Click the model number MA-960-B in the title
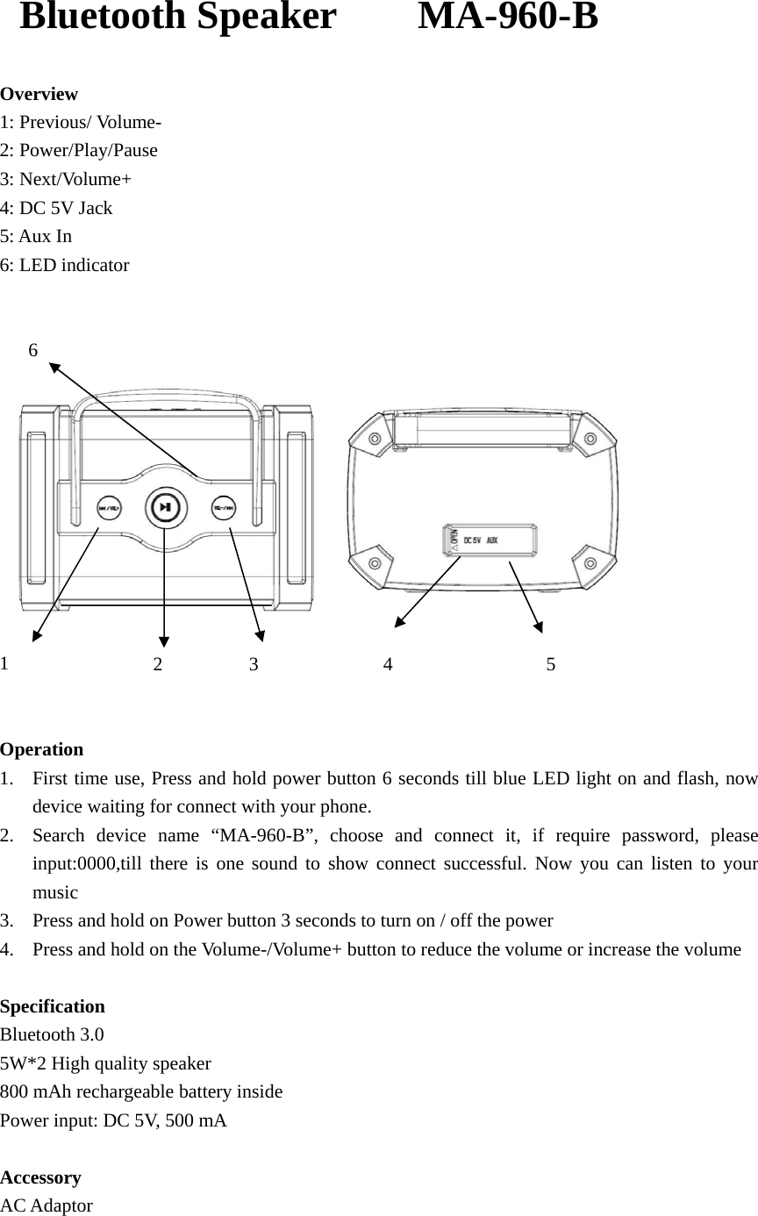click(x=508, y=17)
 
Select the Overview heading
click(x=39, y=94)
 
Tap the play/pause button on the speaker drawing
click(x=165, y=507)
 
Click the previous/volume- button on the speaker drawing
click(x=109, y=507)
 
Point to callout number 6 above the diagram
click(x=33, y=350)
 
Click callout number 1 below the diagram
click(x=5, y=662)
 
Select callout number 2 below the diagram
click(x=158, y=664)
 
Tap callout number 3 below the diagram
click(x=254, y=664)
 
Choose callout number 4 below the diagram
click(x=388, y=664)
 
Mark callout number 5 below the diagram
click(x=551, y=664)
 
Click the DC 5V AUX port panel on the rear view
click(x=490, y=540)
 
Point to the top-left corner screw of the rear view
click(x=375, y=439)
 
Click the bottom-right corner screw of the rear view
click(x=585, y=562)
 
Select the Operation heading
click(x=42, y=749)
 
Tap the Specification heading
click(x=53, y=1006)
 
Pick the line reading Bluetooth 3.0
click(x=52, y=1034)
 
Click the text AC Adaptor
click(x=46, y=1205)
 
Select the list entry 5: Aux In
click(x=36, y=236)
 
